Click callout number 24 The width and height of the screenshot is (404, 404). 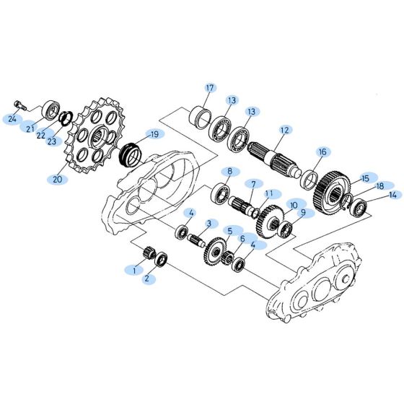tap(12, 119)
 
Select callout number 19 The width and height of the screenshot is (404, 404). tap(153, 134)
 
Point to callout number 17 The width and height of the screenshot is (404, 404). tap(210, 89)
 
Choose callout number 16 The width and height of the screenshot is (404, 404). tap(322, 152)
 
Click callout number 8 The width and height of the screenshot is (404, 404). tap(229, 172)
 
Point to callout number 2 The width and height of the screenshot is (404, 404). tap(147, 278)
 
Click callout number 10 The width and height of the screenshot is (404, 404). tap(294, 205)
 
